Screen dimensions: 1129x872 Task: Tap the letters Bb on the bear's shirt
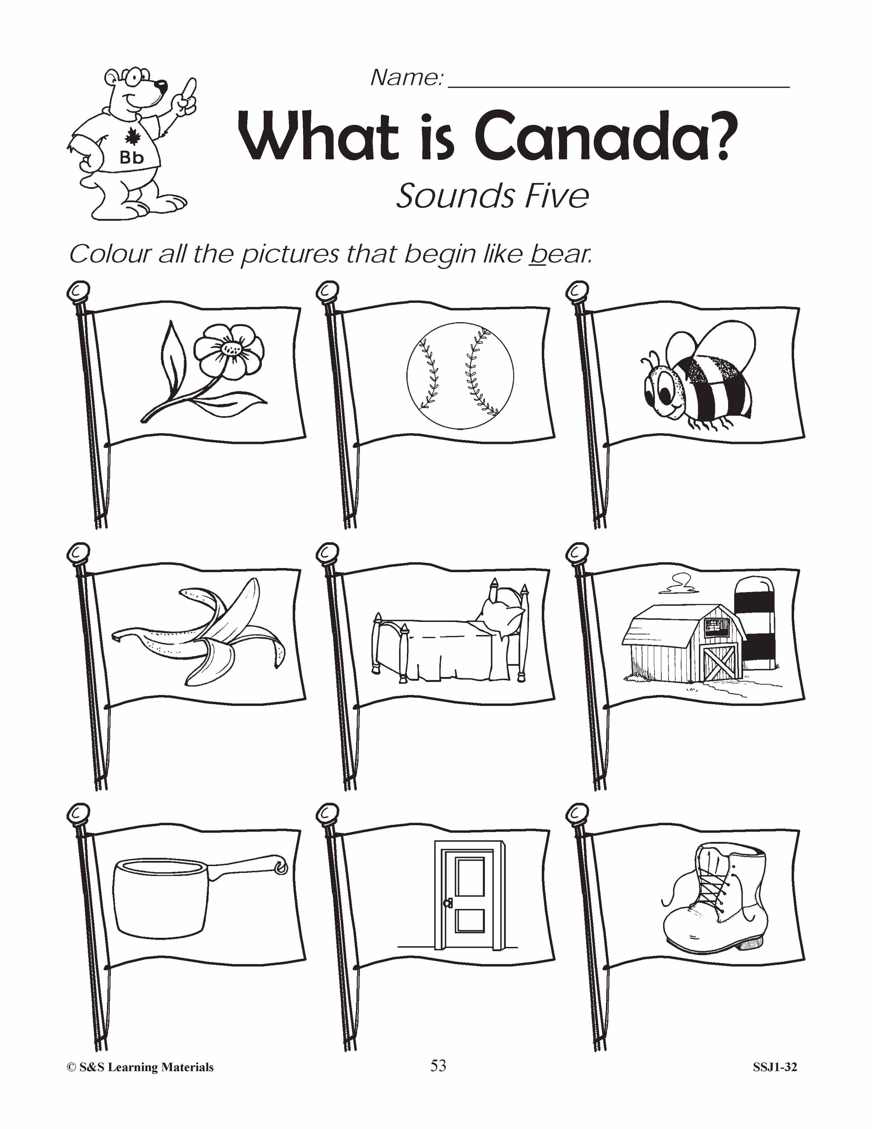pos(131,158)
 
